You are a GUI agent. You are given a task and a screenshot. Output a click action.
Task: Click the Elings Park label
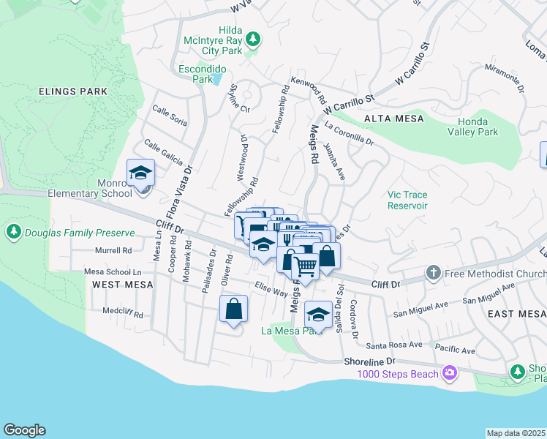[x=74, y=91]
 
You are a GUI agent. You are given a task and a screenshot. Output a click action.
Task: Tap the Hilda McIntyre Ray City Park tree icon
[x=253, y=37]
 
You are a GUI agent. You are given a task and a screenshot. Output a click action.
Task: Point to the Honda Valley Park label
[x=478, y=127]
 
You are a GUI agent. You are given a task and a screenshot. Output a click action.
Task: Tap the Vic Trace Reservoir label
[x=407, y=200]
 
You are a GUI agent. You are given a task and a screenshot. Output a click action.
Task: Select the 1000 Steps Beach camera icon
[x=449, y=374]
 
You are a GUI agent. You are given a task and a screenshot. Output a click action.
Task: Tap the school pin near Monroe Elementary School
[x=140, y=173]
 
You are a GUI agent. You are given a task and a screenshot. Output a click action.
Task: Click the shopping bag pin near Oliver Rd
[x=233, y=309]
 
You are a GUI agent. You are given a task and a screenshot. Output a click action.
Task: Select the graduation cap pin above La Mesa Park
[x=318, y=315]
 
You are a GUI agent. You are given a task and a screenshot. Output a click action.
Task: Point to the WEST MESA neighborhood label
[x=123, y=284]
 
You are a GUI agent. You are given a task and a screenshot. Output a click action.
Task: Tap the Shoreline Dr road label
[x=369, y=361]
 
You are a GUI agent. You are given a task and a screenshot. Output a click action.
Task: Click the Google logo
[x=24, y=430]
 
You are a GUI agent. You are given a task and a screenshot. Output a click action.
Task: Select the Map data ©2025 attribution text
[x=516, y=433]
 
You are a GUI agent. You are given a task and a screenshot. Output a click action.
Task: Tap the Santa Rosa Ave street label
[x=395, y=344]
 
